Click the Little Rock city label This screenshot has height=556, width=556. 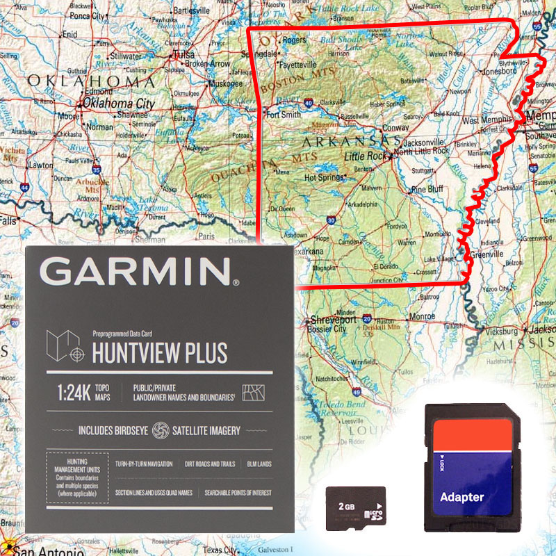[366, 157]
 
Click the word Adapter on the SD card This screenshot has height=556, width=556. [461, 497]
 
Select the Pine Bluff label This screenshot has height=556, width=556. [427, 189]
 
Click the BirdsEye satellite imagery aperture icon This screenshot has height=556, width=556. [161, 430]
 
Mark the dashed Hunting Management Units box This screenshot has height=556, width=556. [77, 479]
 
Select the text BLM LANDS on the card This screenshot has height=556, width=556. [259, 464]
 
